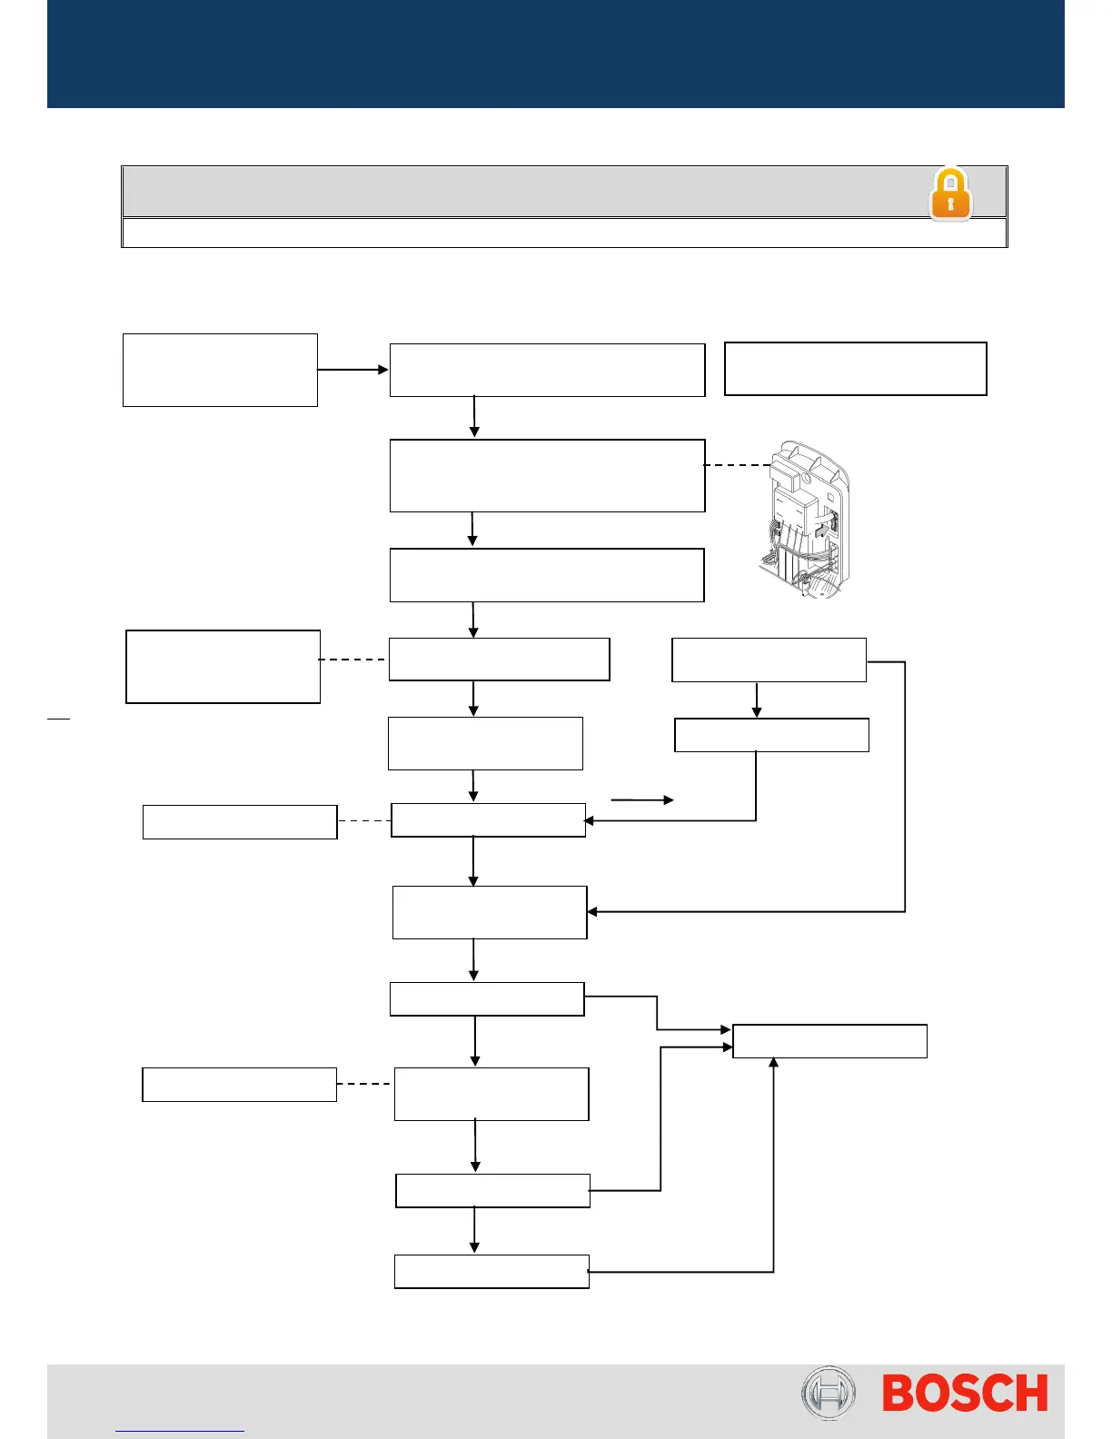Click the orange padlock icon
[950, 194]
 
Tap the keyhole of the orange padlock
[950, 202]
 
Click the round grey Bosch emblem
[828, 1393]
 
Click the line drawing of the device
[804, 521]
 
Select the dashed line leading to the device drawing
[738, 465]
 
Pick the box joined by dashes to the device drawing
[547, 476]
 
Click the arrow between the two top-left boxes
[352, 370]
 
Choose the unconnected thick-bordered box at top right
[855, 369]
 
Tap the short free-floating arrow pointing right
[641, 800]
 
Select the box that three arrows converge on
[829, 1041]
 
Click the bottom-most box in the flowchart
[491, 1272]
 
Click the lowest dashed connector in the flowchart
[364, 1084]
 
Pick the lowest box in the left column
[240, 1085]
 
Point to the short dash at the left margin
[58, 719]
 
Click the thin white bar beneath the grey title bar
[564, 233]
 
